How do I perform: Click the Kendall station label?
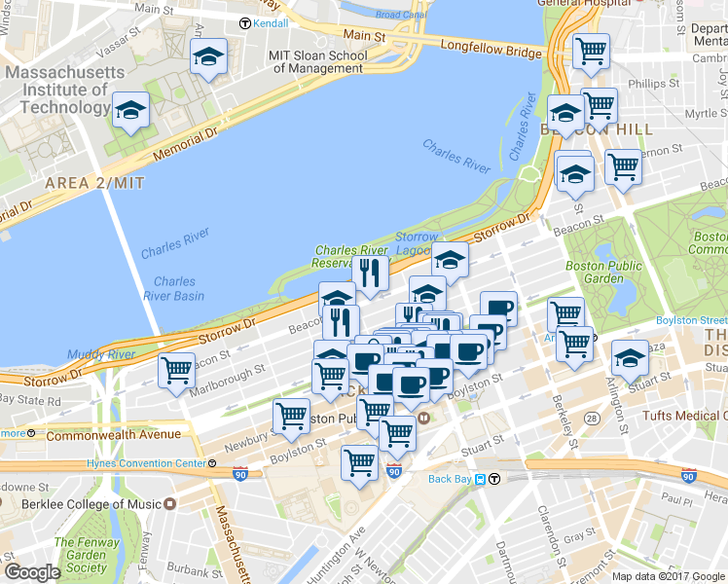tap(271, 22)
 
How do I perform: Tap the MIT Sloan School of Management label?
tap(319, 61)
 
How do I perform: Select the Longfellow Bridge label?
tap(490, 47)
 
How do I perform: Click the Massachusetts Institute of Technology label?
tap(65, 90)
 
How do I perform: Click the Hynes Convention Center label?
tap(147, 462)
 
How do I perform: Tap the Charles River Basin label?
tap(175, 289)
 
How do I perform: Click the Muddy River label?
tap(102, 354)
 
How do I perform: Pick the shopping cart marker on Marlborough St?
tap(176, 371)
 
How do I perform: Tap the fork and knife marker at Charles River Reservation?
tap(370, 274)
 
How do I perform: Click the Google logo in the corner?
tap(31, 572)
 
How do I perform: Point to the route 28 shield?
tap(592, 418)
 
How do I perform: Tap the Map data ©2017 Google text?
tap(668, 576)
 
